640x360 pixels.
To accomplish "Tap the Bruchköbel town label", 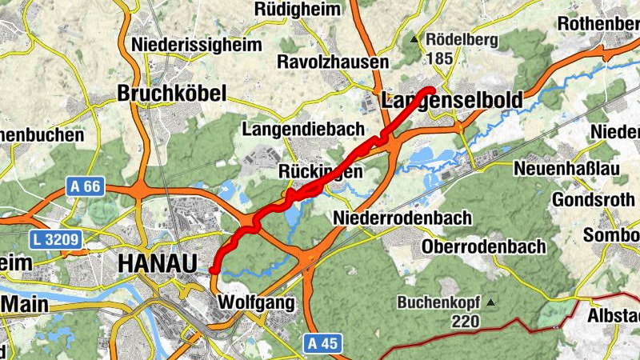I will coord(172,93).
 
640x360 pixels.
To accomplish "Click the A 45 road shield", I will coord(322,343).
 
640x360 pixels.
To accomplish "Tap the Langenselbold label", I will coord(452,101).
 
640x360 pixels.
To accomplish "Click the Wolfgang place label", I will coord(256,304).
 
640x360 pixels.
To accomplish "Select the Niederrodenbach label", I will coord(402,218).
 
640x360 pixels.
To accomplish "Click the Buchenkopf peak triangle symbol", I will coord(490,302).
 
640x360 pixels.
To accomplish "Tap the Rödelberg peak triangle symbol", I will coord(414,39).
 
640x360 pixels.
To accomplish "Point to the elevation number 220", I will coord(464,322).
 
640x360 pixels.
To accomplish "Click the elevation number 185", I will coord(440,58).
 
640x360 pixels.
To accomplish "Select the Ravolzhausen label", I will coord(333,62).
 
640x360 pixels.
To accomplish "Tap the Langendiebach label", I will coord(303,129).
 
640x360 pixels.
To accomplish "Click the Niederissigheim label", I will coord(197,44).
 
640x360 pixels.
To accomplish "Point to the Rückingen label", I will coord(321,171).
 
